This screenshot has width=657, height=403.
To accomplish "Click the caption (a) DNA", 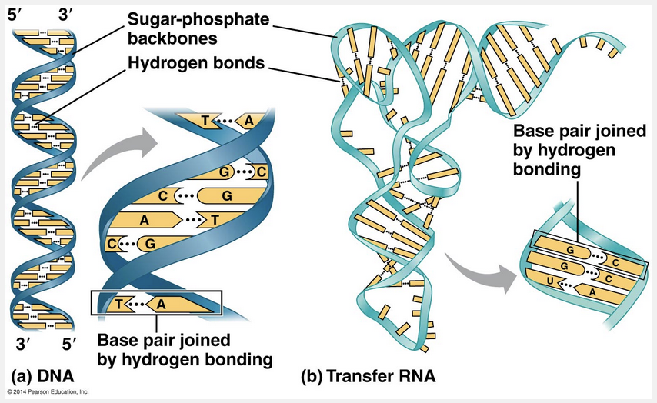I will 38,377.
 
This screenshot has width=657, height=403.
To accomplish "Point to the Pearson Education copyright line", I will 48,393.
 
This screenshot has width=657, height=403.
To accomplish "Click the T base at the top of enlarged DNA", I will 205,121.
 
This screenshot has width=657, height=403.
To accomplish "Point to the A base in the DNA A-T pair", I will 144,218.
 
